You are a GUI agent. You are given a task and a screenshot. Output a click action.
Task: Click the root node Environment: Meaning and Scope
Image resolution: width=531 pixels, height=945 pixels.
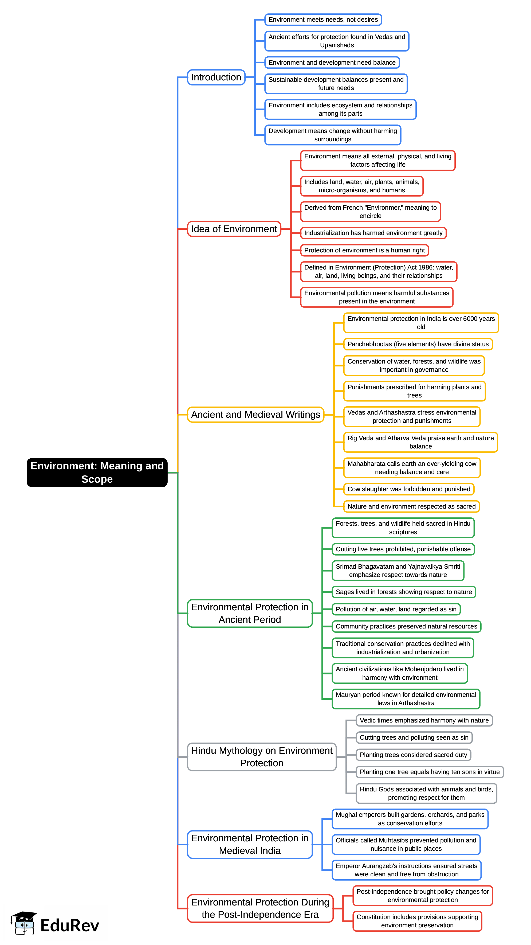point(97,472)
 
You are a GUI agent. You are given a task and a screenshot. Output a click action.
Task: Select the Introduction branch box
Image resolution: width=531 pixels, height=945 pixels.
point(216,77)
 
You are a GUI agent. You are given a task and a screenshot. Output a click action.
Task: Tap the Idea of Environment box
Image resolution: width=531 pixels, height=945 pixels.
point(234,229)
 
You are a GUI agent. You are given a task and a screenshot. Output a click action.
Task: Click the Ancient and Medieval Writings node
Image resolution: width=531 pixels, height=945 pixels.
point(255,415)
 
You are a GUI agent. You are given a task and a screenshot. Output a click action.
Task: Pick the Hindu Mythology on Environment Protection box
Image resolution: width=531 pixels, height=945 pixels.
point(262,756)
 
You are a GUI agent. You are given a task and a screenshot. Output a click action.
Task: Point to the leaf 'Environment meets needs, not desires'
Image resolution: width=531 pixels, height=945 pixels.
point(323,19)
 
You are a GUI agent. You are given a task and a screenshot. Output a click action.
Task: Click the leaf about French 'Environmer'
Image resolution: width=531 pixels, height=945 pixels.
point(370,212)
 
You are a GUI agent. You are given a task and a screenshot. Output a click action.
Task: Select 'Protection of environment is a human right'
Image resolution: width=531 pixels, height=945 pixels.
point(364,250)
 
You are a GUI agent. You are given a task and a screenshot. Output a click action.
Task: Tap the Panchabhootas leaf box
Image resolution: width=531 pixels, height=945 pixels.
point(418,344)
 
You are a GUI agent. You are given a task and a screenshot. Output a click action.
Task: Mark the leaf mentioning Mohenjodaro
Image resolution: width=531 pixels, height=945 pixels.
point(400,673)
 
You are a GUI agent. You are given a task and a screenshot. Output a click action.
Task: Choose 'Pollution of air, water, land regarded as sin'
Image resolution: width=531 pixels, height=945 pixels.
point(396,609)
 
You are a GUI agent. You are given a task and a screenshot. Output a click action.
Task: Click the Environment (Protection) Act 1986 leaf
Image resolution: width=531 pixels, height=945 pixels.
point(379,271)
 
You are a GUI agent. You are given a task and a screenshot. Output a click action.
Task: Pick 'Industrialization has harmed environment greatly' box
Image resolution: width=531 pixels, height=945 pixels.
point(373,233)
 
